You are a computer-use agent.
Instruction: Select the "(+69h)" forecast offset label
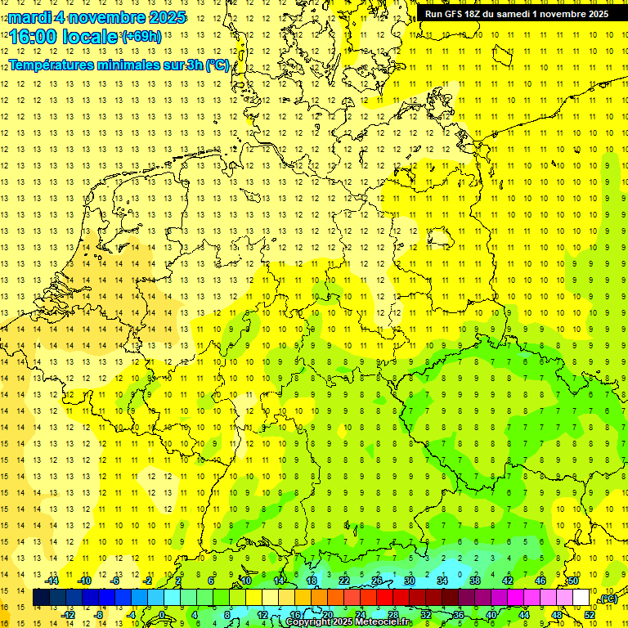click(x=141, y=37)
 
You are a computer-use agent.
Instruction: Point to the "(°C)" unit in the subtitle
click(x=218, y=65)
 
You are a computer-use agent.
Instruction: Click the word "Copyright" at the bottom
click(x=310, y=622)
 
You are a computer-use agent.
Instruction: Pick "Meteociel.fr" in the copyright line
click(x=384, y=622)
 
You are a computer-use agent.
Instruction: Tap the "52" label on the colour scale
click(x=590, y=615)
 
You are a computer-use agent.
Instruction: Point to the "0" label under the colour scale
click(x=161, y=615)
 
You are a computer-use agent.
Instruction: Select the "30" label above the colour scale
click(x=410, y=581)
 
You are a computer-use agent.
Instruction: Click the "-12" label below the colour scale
click(x=69, y=615)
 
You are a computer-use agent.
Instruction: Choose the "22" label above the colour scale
click(x=344, y=581)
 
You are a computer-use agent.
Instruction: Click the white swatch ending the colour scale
click(x=581, y=598)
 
